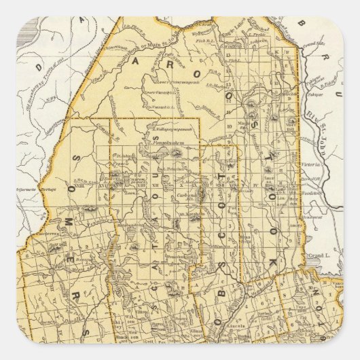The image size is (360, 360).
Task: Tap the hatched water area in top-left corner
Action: (x=25, y=31)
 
